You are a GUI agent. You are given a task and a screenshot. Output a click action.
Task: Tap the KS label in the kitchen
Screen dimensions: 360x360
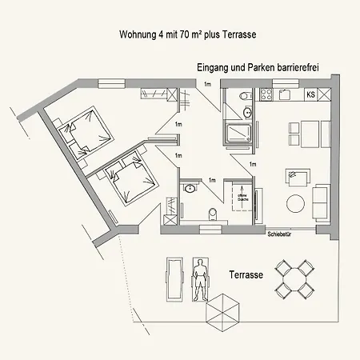click(310, 95)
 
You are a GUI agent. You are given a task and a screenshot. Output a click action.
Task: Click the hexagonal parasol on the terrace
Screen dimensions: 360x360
click(222, 310)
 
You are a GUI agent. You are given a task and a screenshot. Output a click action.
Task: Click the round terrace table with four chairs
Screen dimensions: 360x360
click(294, 278)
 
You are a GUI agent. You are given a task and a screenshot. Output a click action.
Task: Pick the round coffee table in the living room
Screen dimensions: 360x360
click(297, 203)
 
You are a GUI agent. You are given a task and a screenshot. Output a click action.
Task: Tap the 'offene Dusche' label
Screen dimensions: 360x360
click(239, 196)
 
